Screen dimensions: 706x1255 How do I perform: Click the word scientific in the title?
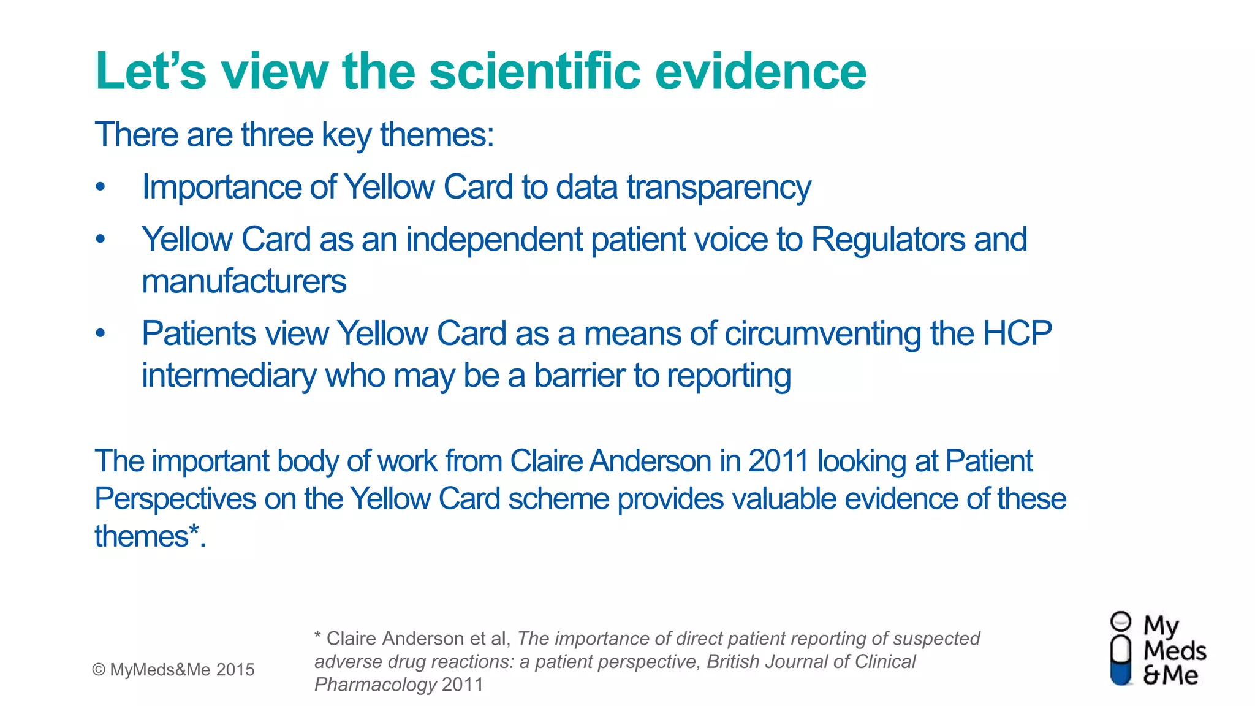coord(535,71)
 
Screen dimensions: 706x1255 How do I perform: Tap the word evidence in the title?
coord(760,71)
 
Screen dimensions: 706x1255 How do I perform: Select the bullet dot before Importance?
coord(100,187)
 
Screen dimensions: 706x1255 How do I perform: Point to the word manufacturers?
coord(244,281)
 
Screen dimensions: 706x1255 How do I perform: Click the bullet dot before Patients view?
coord(100,334)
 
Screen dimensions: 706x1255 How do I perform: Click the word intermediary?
coord(229,376)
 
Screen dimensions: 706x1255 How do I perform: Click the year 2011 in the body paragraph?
coord(778,461)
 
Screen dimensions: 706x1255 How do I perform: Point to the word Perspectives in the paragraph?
coord(175,499)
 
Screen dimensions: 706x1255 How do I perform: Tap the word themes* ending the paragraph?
coord(148,536)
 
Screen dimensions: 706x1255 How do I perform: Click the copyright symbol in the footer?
coord(98,670)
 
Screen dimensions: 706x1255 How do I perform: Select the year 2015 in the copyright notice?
coord(235,670)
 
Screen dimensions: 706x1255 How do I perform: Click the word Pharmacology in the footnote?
coord(375,685)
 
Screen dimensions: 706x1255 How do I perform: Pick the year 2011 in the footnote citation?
coord(463,685)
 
